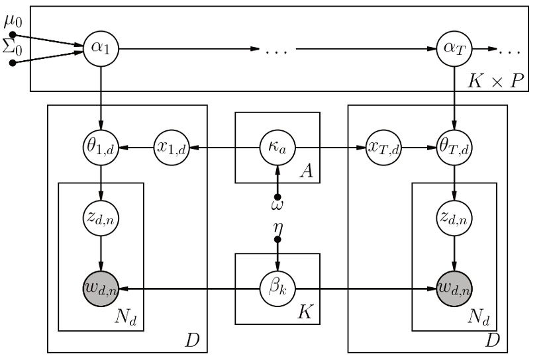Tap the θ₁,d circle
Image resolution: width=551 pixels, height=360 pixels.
pyautogui.click(x=101, y=146)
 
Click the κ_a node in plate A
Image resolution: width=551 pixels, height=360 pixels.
pyautogui.click(x=277, y=146)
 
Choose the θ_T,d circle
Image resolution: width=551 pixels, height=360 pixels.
pyautogui.click(x=454, y=146)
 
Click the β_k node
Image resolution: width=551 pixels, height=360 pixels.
pyautogui.click(x=277, y=289)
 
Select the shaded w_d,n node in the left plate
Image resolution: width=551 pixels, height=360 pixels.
pyautogui.click(x=101, y=289)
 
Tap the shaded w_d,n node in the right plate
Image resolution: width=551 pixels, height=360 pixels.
pyautogui.click(x=454, y=289)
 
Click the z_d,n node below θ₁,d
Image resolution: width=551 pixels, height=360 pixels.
pyautogui.click(x=101, y=217)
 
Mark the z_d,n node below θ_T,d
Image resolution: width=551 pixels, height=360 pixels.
pyautogui.click(x=454, y=217)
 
